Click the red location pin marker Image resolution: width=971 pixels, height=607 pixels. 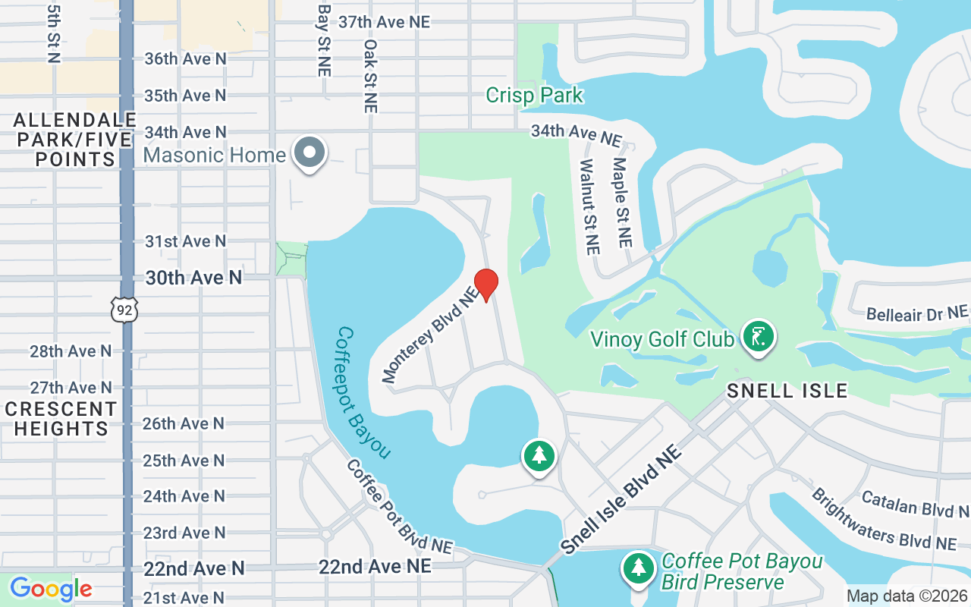[485, 285]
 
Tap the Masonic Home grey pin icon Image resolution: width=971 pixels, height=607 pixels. [310, 153]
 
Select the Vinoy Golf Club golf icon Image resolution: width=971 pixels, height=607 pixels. [758, 336]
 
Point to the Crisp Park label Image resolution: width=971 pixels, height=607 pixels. [534, 96]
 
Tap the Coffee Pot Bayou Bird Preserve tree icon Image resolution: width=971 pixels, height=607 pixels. [639, 568]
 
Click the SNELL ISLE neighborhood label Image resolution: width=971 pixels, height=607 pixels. [787, 391]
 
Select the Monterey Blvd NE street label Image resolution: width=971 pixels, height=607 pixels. [432, 335]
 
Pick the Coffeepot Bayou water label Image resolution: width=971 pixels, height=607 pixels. [363, 392]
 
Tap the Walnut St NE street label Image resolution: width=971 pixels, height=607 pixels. [589, 206]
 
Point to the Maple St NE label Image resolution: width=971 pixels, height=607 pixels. [622, 202]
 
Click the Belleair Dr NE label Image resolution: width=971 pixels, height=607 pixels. [916, 313]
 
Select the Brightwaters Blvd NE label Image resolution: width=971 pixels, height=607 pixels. [883, 520]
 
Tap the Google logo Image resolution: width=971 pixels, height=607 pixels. [51, 588]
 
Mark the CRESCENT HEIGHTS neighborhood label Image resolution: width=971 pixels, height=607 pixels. [61, 419]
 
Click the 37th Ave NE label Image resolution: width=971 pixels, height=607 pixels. [384, 22]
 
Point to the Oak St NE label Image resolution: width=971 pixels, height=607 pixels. [370, 76]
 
